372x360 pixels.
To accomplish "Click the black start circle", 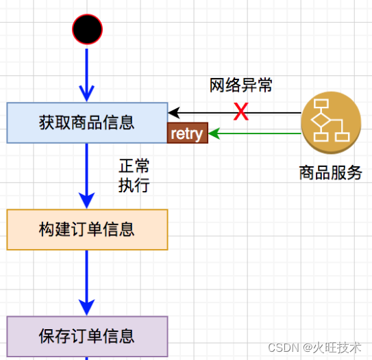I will (87, 29).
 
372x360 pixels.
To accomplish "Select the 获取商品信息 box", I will (87, 123).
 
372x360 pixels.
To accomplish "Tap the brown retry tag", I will (187, 133).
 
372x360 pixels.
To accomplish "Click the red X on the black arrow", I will (240, 112).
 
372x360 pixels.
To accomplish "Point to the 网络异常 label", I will (240, 86).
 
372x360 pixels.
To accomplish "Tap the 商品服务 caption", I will (330, 172).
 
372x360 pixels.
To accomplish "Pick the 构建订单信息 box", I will (87, 229).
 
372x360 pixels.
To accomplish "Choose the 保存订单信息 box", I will (87, 336).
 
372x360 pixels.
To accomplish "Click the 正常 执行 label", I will (134, 176).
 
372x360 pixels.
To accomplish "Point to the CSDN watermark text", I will (287, 348).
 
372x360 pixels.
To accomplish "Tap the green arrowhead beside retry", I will (214, 133).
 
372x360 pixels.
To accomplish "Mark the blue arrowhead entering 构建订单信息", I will (87, 201).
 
